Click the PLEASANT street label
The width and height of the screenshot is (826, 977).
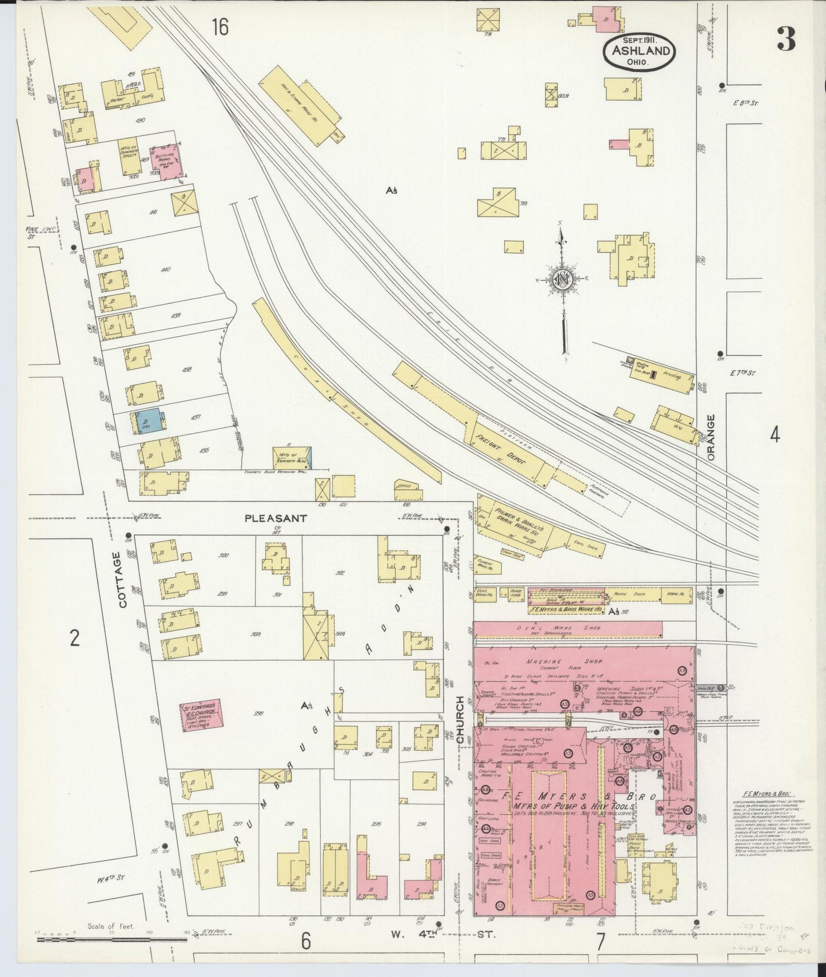(x=276, y=518)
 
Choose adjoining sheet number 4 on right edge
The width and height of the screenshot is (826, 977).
(x=775, y=436)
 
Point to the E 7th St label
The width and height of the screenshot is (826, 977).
(x=744, y=373)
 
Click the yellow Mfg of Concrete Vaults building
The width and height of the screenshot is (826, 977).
(x=129, y=156)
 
